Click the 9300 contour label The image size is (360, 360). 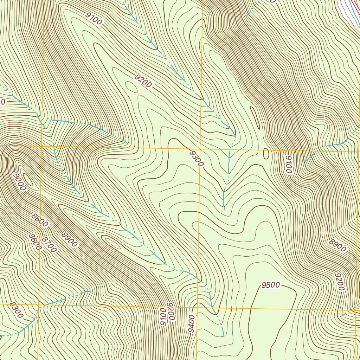coord(197,159)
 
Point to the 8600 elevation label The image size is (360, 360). coord(35,242)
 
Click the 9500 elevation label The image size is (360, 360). coord(270,285)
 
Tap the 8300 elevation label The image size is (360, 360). coord(16,310)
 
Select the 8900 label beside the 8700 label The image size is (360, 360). coord(69,240)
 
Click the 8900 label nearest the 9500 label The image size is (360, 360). coord(338,246)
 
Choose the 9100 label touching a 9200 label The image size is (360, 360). coord(163,317)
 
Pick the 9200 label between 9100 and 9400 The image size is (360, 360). coord(171,311)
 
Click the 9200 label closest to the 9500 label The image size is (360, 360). coord(339,282)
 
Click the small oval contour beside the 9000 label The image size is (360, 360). coord(28,180)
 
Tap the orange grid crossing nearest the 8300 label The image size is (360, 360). coord(38,304)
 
